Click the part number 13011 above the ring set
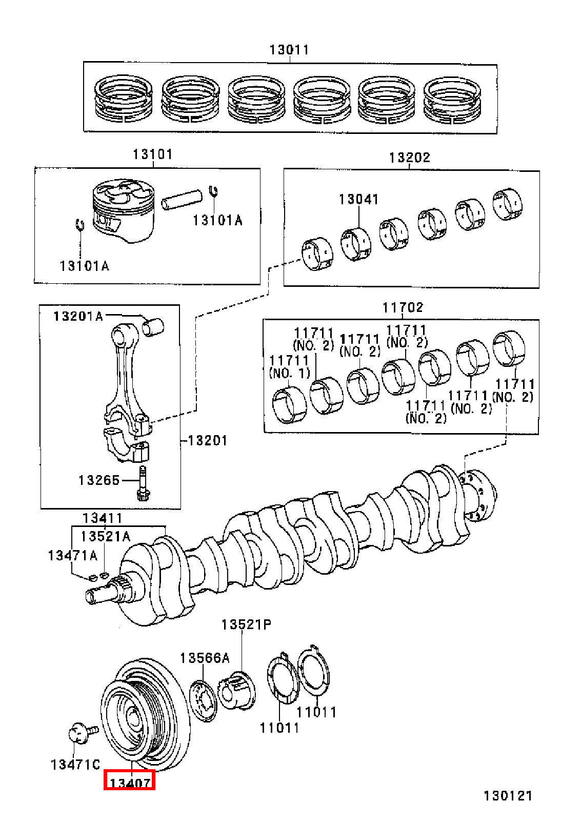[x=289, y=50]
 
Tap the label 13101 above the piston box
[x=152, y=154]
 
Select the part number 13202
[x=409, y=158]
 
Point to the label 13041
[x=358, y=200]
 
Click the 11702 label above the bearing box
[x=403, y=307]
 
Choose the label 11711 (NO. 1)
[x=289, y=366]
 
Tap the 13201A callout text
[x=78, y=316]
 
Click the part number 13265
[x=99, y=480]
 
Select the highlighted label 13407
[x=130, y=784]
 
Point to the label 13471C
[x=75, y=765]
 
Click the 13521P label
[x=247, y=624]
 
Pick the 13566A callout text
[x=205, y=658]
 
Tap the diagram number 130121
[x=508, y=796]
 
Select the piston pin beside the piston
[x=182, y=200]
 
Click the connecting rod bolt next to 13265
[x=142, y=483]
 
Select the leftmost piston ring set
[x=124, y=99]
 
